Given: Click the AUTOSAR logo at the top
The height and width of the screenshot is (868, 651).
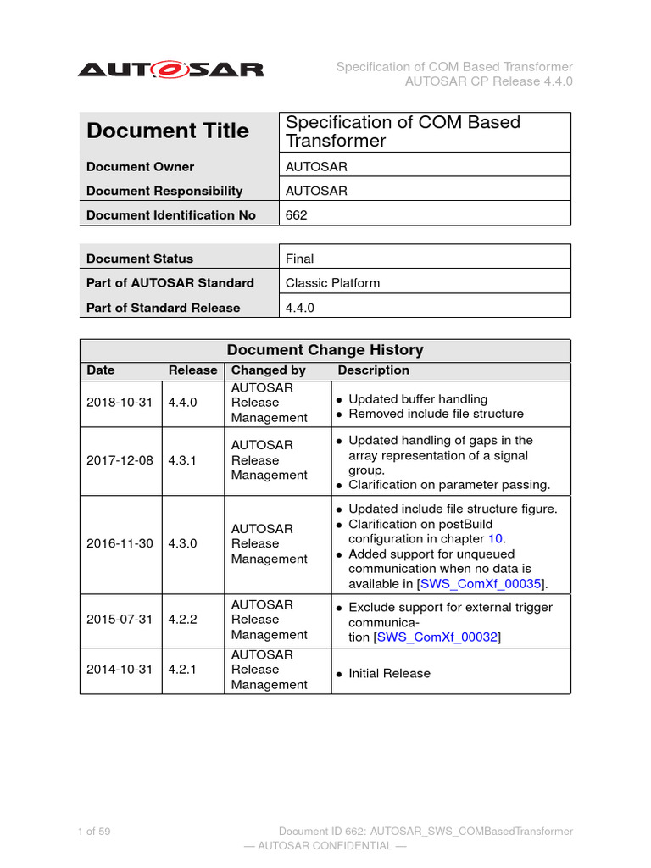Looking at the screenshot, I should [170, 70].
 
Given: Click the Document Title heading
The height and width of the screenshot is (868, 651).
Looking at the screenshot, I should [168, 131].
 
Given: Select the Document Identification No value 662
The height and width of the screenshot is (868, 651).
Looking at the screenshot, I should [297, 215].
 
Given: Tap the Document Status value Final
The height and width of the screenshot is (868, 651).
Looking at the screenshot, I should [299, 259].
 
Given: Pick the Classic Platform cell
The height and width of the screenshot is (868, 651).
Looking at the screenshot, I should [332, 283].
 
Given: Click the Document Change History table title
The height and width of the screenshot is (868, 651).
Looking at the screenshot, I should [325, 350].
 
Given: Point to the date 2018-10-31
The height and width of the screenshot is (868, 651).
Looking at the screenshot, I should [120, 403].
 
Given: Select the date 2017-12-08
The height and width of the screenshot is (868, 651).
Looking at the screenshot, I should [120, 460].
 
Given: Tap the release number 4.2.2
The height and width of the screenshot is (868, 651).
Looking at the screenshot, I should [182, 620].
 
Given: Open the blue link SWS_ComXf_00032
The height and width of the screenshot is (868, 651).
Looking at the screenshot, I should [437, 637].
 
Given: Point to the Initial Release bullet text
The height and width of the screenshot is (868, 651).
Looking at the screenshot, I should [389, 674].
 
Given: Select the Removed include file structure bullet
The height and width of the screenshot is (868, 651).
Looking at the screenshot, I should [436, 414].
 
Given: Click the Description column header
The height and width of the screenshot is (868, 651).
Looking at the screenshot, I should [373, 370].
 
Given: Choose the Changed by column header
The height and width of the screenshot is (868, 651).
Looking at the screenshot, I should [269, 370].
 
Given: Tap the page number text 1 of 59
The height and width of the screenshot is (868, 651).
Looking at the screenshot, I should [94, 832].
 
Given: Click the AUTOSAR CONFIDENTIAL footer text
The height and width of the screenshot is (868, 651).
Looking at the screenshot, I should [325, 846].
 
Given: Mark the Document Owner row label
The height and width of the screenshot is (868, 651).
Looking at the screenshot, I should [140, 167].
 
